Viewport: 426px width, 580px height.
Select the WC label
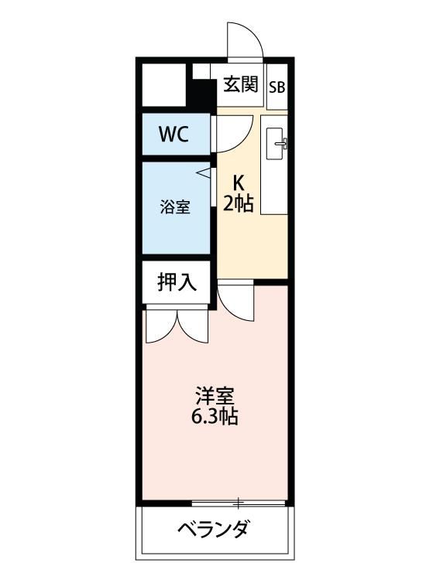(x=173, y=134)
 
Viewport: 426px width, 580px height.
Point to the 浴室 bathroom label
(x=174, y=207)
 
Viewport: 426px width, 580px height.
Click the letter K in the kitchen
(x=239, y=183)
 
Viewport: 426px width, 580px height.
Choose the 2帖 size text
(x=239, y=205)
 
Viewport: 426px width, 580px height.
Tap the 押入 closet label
(x=177, y=283)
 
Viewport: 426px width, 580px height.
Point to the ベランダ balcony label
(x=213, y=531)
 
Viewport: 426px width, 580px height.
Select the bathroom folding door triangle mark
(x=204, y=174)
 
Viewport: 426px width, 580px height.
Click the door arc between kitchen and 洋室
(x=234, y=302)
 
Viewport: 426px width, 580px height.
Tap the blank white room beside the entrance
(x=163, y=86)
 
